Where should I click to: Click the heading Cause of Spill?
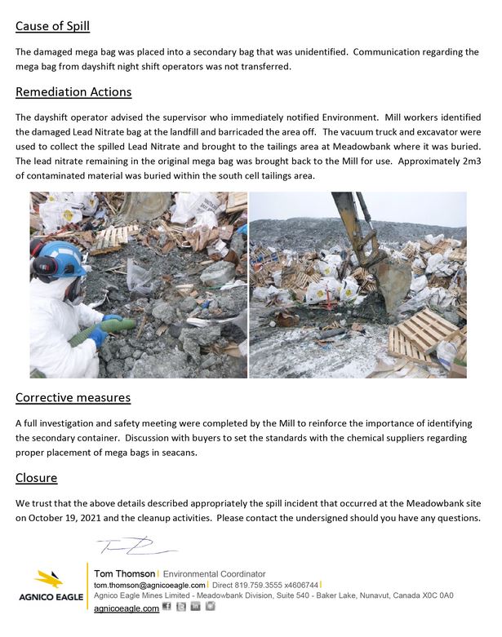52,26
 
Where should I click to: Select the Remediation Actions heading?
73,91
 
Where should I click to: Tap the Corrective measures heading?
73,398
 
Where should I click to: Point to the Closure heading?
36,477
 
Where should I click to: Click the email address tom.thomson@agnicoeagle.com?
149,586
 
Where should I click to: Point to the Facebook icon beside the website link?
167,607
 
